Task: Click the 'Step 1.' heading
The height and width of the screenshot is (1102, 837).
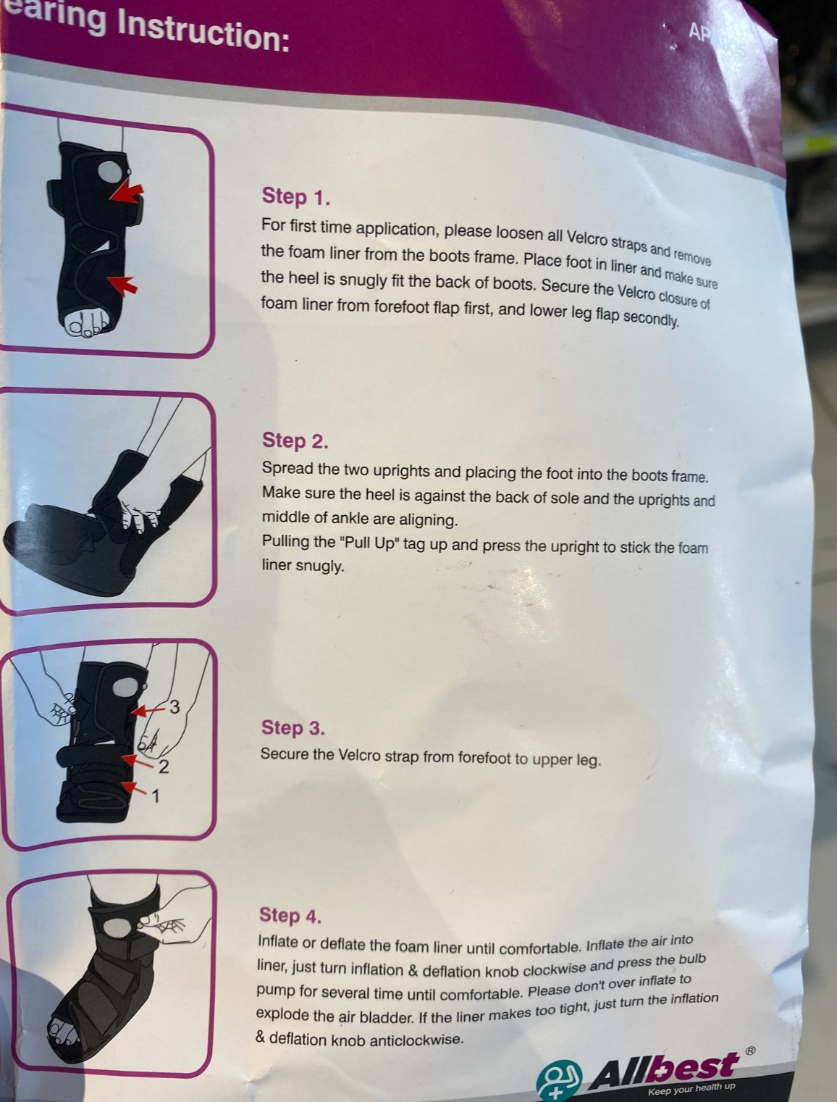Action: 296,197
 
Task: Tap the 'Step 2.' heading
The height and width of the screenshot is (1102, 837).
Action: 295,441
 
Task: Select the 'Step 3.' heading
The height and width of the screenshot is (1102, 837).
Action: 293,728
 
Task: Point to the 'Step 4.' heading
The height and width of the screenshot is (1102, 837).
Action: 290,916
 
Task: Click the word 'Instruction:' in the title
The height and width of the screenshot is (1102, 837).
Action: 203,32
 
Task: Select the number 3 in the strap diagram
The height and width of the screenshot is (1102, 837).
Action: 174,706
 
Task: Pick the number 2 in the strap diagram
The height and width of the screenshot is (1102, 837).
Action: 164,767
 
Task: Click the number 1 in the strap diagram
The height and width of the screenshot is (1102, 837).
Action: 156,796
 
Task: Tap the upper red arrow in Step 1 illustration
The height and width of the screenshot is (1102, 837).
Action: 127,192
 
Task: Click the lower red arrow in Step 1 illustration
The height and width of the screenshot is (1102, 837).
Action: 123,285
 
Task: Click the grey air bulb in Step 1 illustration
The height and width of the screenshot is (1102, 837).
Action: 110,171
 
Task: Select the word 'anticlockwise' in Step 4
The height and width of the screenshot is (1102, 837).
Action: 416,1040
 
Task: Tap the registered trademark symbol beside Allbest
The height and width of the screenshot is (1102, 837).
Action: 750,1051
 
